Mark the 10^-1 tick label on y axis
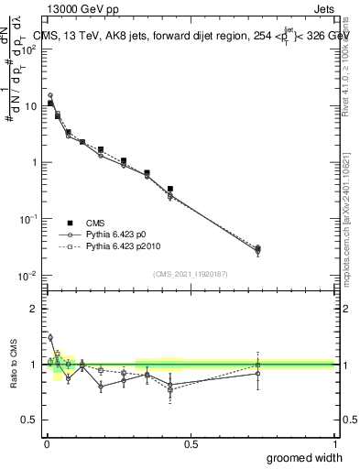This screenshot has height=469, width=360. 27,219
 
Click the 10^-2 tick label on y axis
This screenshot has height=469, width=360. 27,276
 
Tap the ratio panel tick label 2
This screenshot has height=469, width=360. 34,309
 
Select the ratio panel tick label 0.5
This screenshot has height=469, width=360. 29,420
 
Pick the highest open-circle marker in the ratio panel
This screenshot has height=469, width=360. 50,337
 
